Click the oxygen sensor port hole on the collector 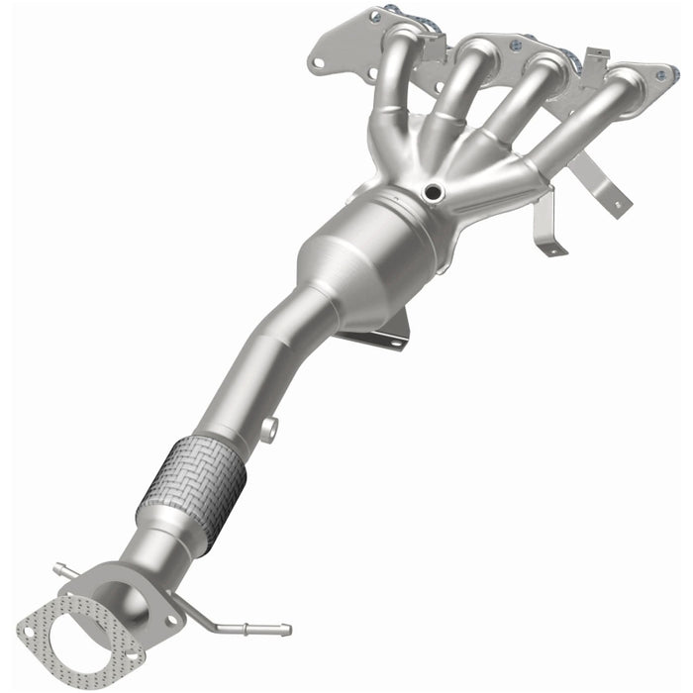(x=433, y=192)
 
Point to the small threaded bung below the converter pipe (x=269, y=428)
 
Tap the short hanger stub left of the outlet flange (x=61, y=570)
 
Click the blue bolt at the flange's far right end (x=673, y=74)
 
